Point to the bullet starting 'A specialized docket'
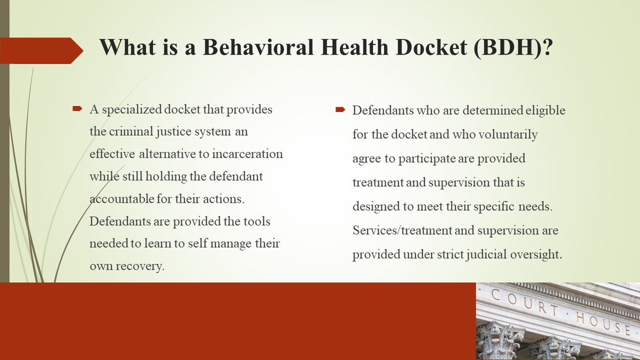77,109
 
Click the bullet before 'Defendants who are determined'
340,110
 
